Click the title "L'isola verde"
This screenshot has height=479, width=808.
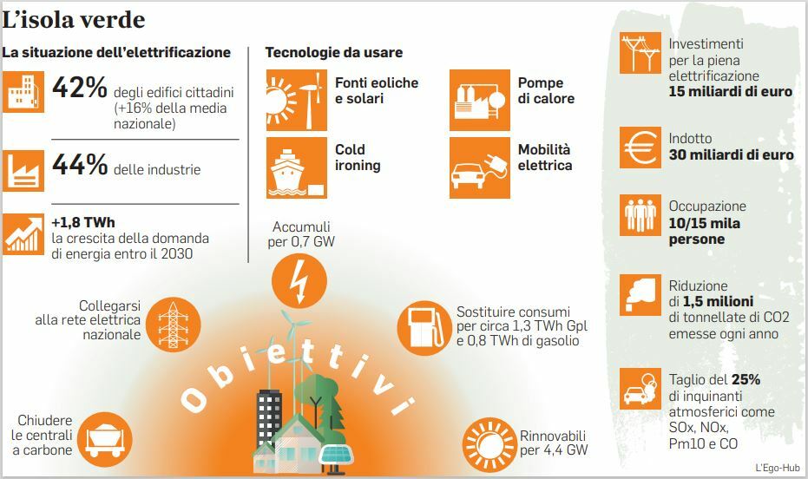point(74,20)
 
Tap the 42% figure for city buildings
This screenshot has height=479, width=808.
point(79,87)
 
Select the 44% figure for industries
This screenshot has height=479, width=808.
point(80,164)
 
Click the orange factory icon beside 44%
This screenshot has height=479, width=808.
point(23,170)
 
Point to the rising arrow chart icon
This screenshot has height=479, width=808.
point(23,234)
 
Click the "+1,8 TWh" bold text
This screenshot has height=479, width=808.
point(83,222)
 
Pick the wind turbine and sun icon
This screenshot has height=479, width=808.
point(296,100)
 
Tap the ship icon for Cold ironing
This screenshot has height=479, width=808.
point(296,167)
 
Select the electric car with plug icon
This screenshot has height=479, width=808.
point(480,167)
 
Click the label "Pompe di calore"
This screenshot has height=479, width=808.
point(546,90)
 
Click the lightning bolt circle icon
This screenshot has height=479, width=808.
point(299,281)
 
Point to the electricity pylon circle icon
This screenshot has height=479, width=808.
point(174,325)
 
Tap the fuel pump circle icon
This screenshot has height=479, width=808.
point(424,328)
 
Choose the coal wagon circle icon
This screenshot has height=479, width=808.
point(105,440)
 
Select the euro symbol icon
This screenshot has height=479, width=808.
point(640,148)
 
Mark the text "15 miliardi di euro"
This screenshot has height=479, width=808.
point(730,92)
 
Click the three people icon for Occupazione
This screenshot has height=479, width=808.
point(640,215)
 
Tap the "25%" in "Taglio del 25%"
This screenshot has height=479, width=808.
point(746,379)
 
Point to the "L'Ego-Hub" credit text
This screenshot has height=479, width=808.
point(778,468)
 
